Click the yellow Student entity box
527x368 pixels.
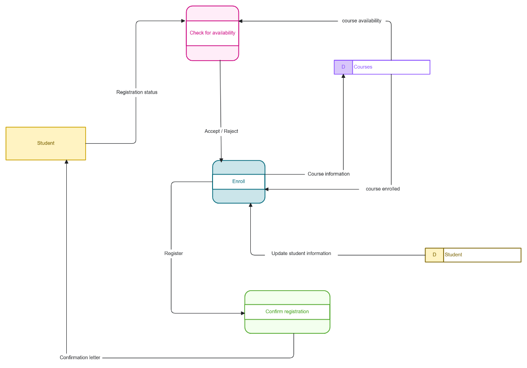[x=46, y=143]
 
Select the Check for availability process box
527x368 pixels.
[x=213, y=33]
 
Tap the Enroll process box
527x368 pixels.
[x=238, y=182]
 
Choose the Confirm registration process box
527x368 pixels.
[x=287, y=312]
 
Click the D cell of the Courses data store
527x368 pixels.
[x=343, y=67]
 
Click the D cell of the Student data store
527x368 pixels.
[x=434, y=255]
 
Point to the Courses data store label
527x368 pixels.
[x=363, y=67]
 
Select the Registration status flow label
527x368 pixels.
[x=137, y=92]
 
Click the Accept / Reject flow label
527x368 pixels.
[x=221, y=131]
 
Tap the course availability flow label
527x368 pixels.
[x=362, y=21]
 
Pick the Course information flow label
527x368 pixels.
[x=328, y=174]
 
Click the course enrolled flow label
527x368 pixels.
[x=383, y=189]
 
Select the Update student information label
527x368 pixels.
[x=301, y=254]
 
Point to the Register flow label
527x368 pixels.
[x=173, y=254]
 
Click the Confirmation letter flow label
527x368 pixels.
[x=80, y=357]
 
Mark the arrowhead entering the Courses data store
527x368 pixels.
[x=343, y=77]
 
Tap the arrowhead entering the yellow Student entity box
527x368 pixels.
[x=67, y=162]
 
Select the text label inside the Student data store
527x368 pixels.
[x=453, y=255]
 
